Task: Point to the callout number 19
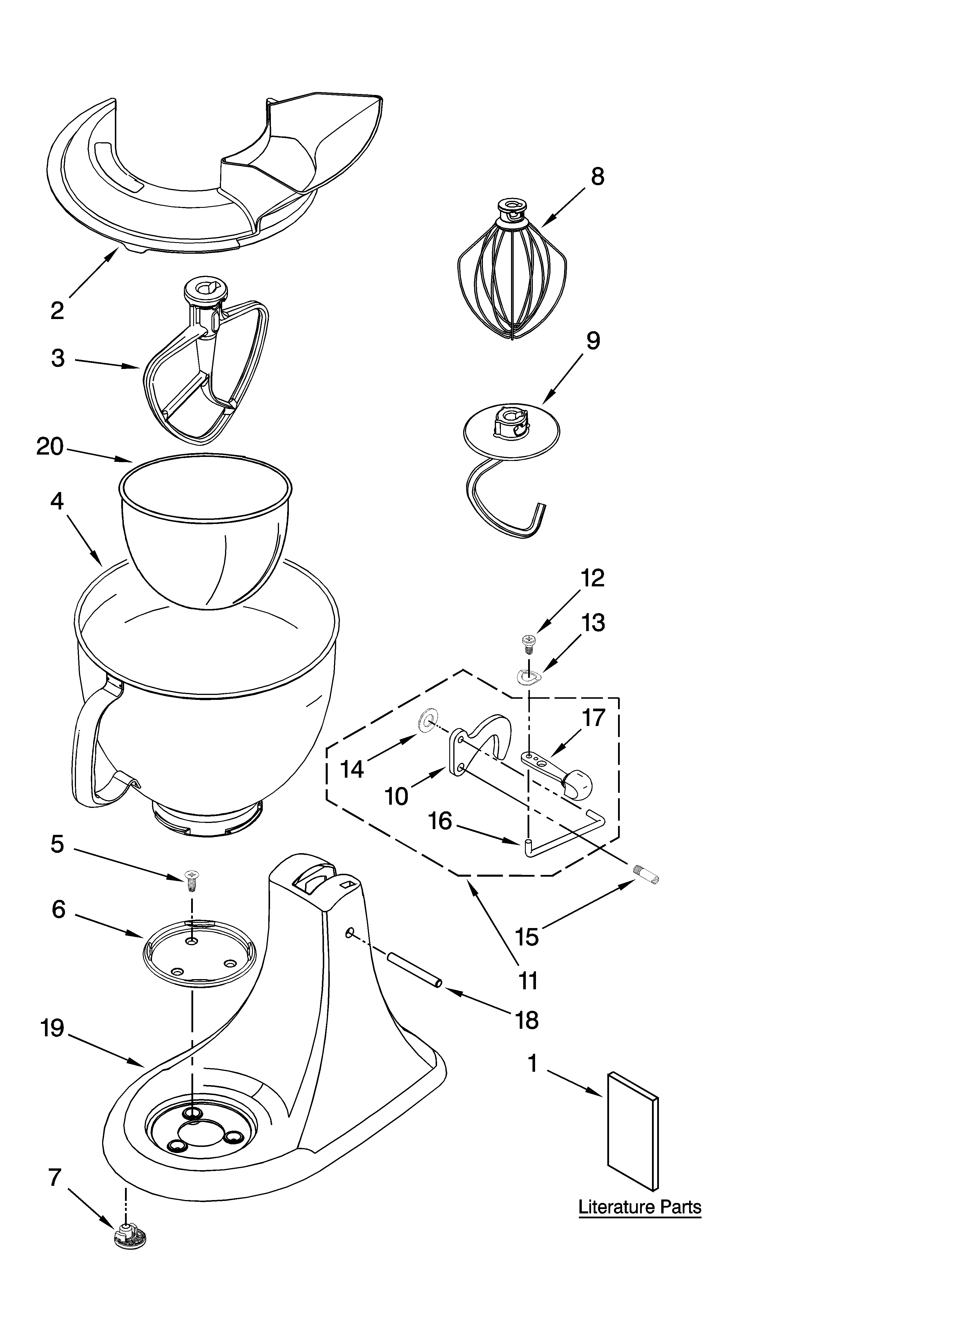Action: [x=52, y=1028]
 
